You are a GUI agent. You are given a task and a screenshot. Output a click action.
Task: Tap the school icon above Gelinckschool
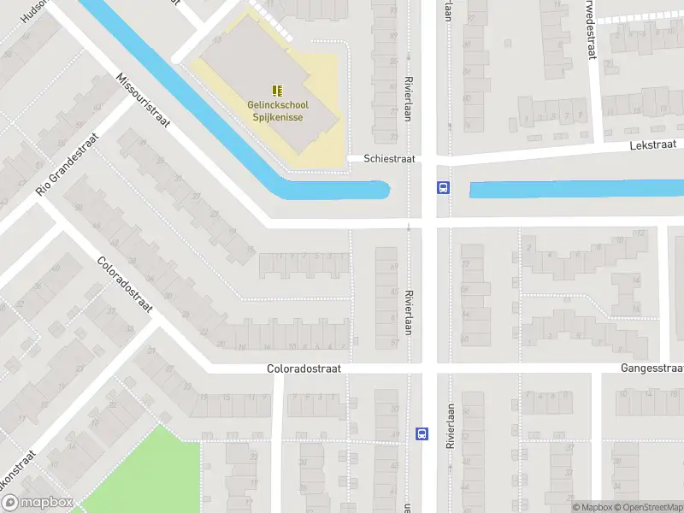(276, 90)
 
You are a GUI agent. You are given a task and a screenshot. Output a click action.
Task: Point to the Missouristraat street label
(144, 99)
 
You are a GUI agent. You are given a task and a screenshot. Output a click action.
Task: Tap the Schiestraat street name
(388, 159)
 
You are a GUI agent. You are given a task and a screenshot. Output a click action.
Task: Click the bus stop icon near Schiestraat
(444, 188)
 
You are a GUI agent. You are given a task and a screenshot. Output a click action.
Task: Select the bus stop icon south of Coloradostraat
(422, 433)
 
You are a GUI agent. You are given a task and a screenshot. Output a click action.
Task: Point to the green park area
(137, 470)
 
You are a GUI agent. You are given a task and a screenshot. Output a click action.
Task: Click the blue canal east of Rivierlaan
(573, 189)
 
